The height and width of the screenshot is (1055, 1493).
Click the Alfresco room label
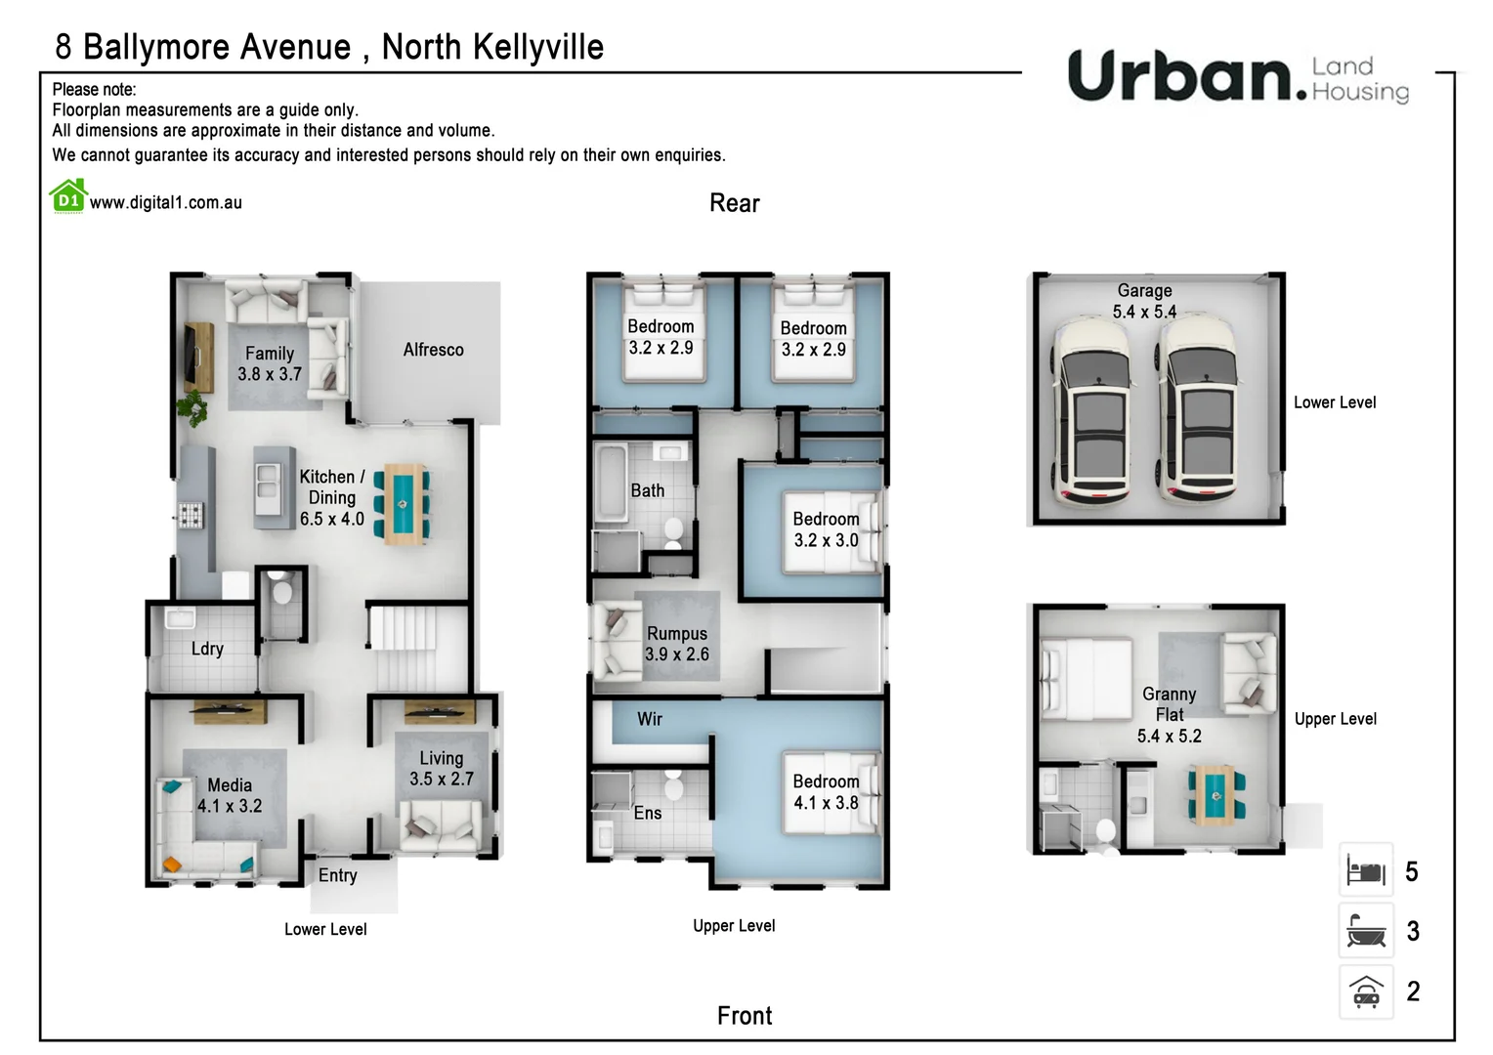tap(433, 350)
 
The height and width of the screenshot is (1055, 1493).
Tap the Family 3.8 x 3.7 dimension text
tap(270, 374)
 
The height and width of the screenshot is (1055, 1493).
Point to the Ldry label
tap(207, 649)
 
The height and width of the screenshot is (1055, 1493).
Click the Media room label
tap(230, 785)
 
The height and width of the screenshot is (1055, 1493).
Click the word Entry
tap(337, 875)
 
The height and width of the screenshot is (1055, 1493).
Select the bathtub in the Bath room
tap(612, 483)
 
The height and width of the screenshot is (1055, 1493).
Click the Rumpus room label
tap(676, 634)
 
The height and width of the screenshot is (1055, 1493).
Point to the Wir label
tap(650, 719)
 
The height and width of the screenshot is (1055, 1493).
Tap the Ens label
tap(647, 813)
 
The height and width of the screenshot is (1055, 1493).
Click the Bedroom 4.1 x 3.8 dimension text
tap(826, 803)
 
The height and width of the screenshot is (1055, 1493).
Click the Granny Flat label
tap(1169, 704)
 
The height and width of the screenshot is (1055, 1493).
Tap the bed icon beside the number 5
tap(1365, 869)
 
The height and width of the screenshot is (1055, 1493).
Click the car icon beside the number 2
tap(1365, 992)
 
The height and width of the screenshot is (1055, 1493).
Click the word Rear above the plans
tap(734, 203)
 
